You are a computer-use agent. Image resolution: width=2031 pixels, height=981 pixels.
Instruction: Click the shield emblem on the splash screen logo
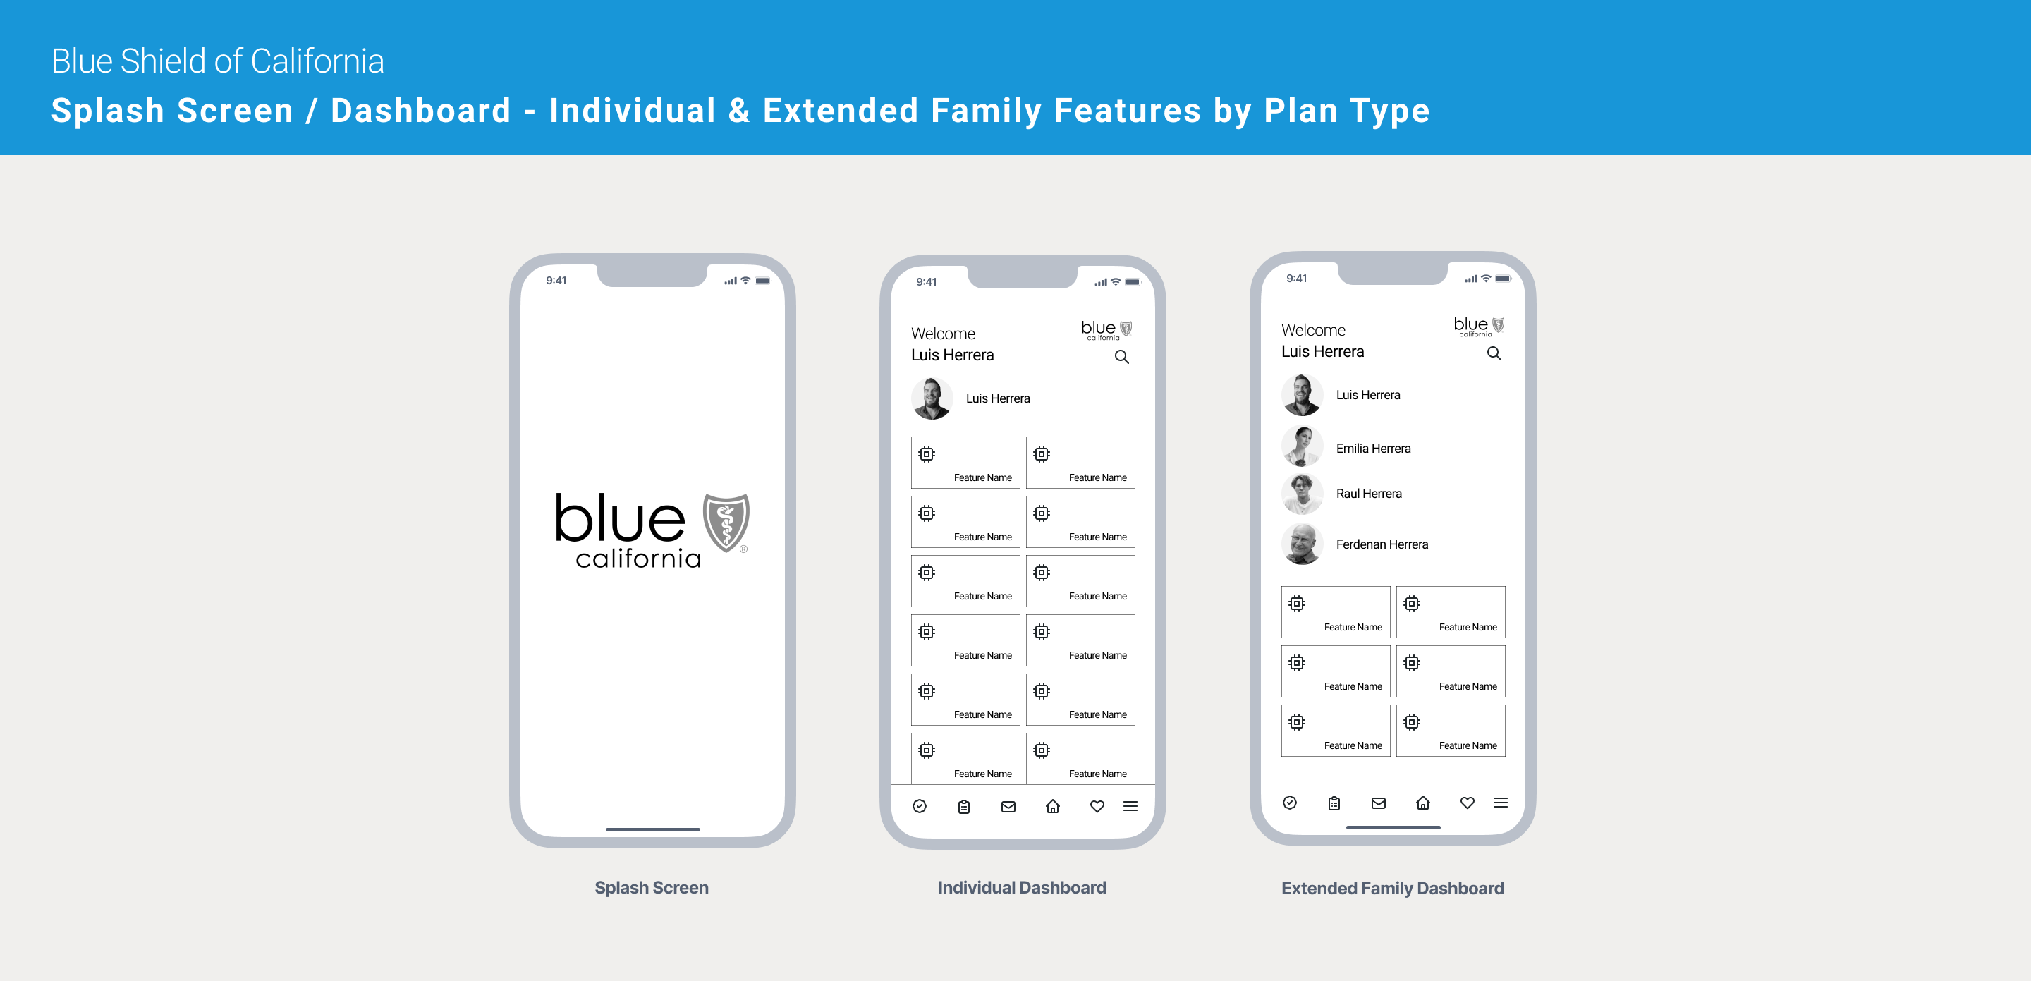(x=726, y=523)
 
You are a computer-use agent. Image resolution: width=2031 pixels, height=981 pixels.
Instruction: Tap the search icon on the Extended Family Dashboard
(x=1494, y=354)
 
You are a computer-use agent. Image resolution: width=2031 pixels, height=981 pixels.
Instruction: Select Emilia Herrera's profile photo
(x=1302, y=447)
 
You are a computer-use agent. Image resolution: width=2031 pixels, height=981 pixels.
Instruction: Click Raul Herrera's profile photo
(x=1302, y=494)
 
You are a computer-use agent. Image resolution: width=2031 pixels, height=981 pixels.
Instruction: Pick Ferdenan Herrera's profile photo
(x=1302, y=544)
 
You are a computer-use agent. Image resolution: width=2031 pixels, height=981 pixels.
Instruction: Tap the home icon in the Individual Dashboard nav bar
(x=1053, y=806)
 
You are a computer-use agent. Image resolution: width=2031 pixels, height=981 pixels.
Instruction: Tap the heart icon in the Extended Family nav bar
(x=1467, y=803)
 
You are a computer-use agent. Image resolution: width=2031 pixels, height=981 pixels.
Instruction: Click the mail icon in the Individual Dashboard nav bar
(x=1008, y=806)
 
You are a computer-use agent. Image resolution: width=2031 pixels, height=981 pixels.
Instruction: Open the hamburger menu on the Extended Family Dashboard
(x=1501, y=803)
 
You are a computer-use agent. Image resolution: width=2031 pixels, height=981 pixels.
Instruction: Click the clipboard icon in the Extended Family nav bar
(x=1334, y=803)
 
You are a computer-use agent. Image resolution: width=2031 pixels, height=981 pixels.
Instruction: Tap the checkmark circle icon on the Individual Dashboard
(x=920, y=806)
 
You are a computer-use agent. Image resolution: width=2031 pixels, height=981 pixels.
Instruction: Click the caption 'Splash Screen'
(x=651, y=887)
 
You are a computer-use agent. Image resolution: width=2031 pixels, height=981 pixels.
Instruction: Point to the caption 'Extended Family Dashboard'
(x=1392, y=888)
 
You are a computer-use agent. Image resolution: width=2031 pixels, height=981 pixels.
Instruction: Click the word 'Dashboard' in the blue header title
(x=421, y=111)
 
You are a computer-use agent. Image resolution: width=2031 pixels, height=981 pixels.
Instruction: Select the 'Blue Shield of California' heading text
(x=218, y=61)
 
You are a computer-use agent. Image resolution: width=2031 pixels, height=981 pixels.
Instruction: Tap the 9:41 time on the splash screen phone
(x=556, y=280)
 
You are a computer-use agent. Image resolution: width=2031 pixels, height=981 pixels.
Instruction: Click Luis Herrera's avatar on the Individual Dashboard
(x=932, y=398)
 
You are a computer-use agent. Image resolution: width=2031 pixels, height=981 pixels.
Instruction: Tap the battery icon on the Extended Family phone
(x=1503, y=279)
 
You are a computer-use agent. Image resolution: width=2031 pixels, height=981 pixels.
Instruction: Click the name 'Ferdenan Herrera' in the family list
(x=1382, y=544)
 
